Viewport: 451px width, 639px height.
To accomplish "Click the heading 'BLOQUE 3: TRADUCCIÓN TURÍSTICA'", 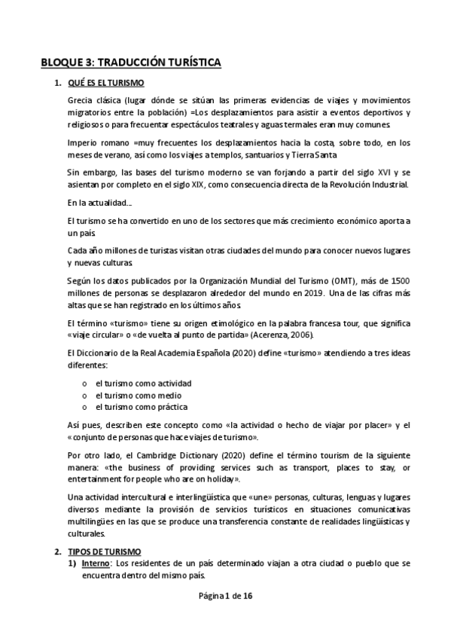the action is coord(130,63).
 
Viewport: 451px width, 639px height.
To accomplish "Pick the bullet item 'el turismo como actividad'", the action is coord(138,383).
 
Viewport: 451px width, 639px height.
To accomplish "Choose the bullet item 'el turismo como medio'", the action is coord(133,395).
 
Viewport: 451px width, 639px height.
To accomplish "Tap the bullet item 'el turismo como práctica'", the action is coord(136,407).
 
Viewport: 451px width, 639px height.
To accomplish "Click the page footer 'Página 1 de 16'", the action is coord(225,596).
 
